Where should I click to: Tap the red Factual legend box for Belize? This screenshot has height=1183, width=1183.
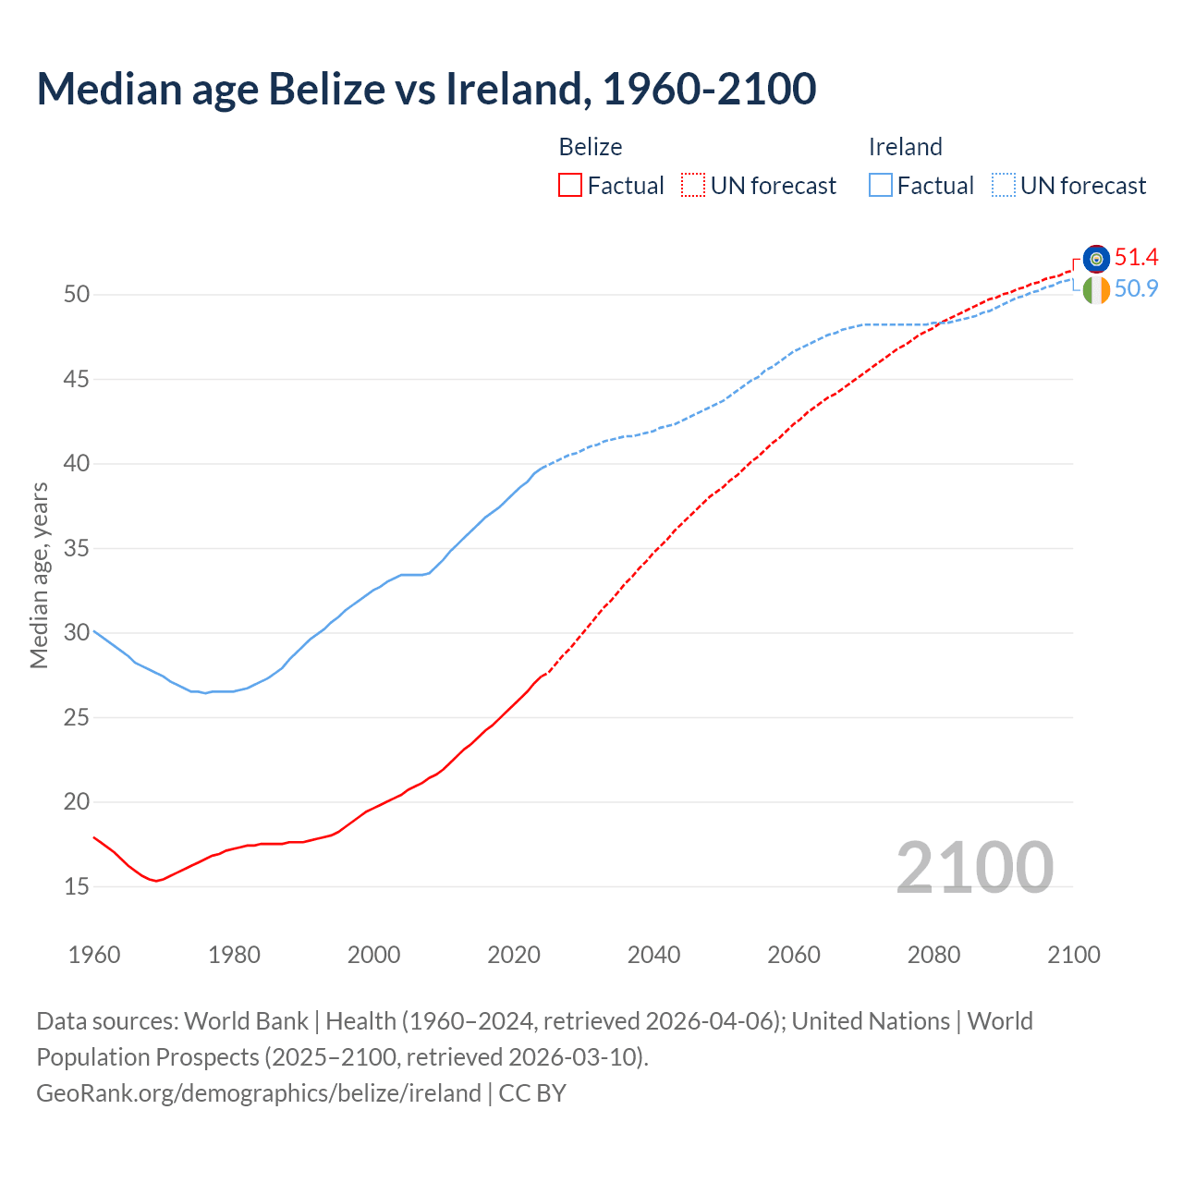[570, 186]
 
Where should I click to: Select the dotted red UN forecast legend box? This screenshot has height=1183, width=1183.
[693, 186]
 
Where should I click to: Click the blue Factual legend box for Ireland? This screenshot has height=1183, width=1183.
[881, 186]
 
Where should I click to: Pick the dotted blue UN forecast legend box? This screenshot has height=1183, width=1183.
[1004, 186]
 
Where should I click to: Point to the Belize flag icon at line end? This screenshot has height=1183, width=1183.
[1096, 258]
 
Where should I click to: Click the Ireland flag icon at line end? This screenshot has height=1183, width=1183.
[1096, 290]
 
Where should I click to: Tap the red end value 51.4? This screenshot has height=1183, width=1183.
[1136, 257]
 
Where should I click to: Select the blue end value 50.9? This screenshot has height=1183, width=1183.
[1136, 289]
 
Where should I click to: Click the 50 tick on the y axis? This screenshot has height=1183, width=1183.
[77, 295]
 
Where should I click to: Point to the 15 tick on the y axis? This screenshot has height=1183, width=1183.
[77, 887]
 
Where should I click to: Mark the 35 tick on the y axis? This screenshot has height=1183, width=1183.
[77, 549]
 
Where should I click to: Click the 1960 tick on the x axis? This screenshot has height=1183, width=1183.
[94, 955]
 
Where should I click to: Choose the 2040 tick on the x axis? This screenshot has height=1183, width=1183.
[653, 955]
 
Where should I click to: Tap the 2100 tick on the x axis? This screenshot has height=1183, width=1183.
[1073, 955]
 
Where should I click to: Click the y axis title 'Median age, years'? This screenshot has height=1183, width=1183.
[39, 575]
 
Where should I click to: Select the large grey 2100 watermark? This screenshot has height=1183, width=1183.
[974, 868]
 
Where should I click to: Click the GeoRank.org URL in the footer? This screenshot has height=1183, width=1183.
[259, 1093]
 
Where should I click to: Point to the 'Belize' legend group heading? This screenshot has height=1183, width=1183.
[591, 147]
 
